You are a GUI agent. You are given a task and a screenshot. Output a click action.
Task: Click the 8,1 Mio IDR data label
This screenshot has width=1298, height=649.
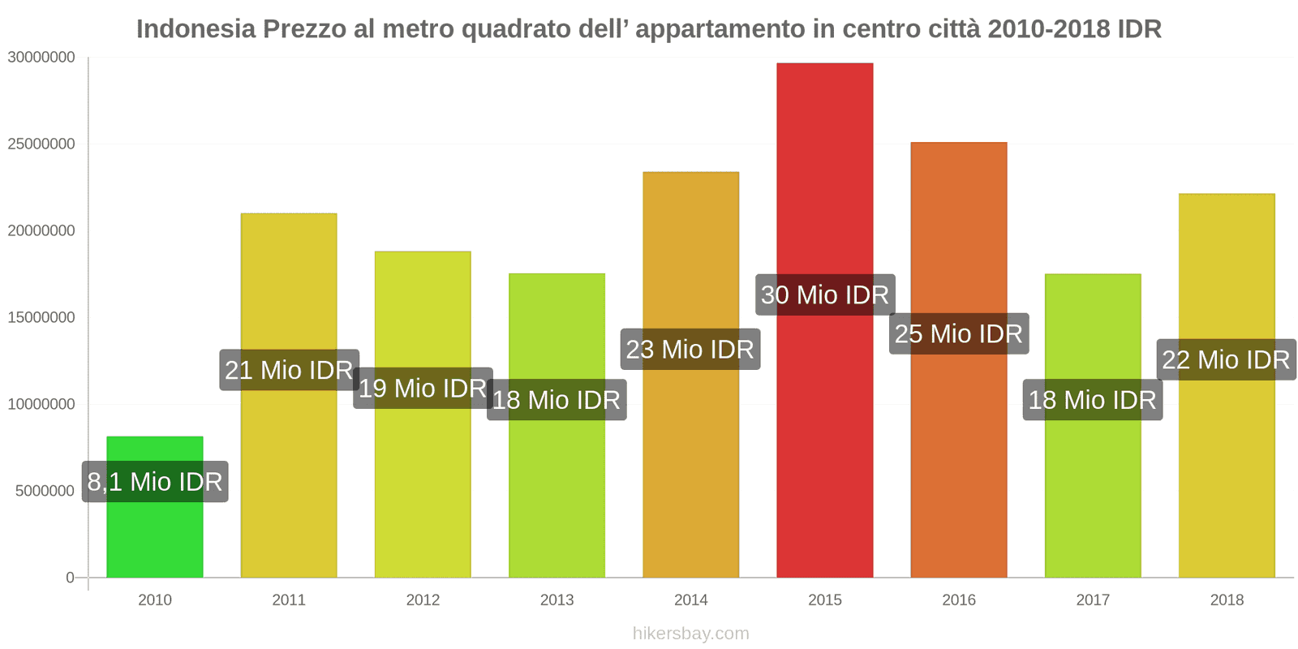(x=155, y=482)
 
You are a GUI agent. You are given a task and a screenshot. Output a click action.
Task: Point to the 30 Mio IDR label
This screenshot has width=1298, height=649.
(x=825, y=294)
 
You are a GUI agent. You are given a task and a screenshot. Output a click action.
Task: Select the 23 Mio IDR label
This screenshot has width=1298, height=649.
(x=690, y=350)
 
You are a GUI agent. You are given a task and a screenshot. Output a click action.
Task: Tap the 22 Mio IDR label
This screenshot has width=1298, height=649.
(x=1226, y=359)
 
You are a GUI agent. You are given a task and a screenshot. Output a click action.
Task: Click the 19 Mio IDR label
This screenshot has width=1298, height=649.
(x=423, y=388)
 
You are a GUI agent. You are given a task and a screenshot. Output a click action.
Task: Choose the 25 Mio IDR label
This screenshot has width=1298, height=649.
(x=959, y=333)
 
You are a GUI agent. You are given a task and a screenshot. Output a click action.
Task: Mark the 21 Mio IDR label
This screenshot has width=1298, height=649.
(x=289, y=370)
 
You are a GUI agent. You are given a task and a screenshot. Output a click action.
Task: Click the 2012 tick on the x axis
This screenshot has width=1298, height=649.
(x=423, y=600)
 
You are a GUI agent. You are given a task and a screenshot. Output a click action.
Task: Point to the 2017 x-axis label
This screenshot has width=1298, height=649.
(x=1092, y=600)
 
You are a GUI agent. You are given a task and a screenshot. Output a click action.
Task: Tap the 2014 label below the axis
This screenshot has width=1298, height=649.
(x=690, y=600)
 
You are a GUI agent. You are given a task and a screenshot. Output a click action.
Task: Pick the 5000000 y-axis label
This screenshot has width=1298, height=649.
(x=45, y=491)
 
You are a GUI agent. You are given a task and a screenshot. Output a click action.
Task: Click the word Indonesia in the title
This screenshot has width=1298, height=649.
(x=196, y=29)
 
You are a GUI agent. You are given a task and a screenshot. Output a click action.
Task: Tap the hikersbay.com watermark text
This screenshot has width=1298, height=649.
(x=690, y=634)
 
